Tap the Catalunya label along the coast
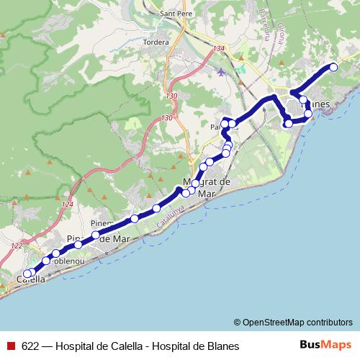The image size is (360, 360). (x=171, y=215)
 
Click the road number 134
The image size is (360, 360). (x=220, y=49)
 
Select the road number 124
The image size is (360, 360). (x=67, y=205)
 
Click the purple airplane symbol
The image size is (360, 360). (x=220, y=71)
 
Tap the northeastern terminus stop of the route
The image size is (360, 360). (x=333, y=68)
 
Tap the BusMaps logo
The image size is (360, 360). (x=326, y=346)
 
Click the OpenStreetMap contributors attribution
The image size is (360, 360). (x=294, y=322)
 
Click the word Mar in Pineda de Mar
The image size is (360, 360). (x=123, y=238)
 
